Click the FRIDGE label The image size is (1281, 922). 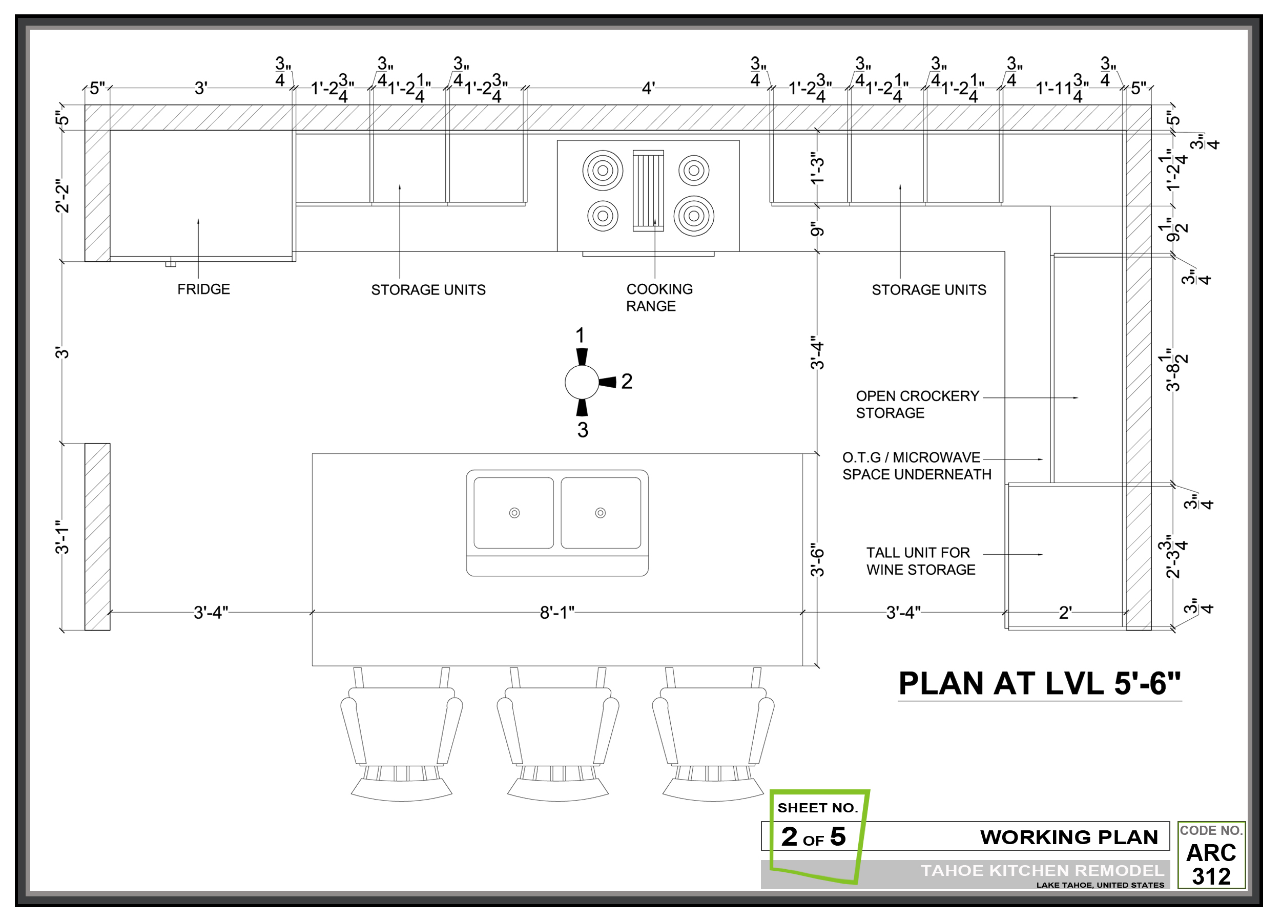coord(203,289)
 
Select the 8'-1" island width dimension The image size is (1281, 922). coord(556,613)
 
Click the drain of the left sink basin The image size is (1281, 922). coord(514,513)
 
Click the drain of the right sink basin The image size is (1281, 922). coord(601,513)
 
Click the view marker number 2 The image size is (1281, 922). coord(626,382)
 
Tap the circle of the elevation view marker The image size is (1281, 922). coord(582,382)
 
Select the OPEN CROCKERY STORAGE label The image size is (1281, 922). coord(917,405)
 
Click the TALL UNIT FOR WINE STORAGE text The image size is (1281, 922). coord(921,561)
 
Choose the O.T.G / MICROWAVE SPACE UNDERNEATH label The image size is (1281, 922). coord(916,466)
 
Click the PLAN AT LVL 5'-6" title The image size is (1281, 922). coord(1039,684)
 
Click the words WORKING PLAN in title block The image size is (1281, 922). coord(1069,837)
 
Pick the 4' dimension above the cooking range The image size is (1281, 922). coord(648,89)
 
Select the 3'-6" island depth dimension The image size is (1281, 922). coord(817,559)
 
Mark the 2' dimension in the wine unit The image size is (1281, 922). coord(1065,613)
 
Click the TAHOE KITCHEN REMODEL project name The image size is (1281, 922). coord(1042,871)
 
